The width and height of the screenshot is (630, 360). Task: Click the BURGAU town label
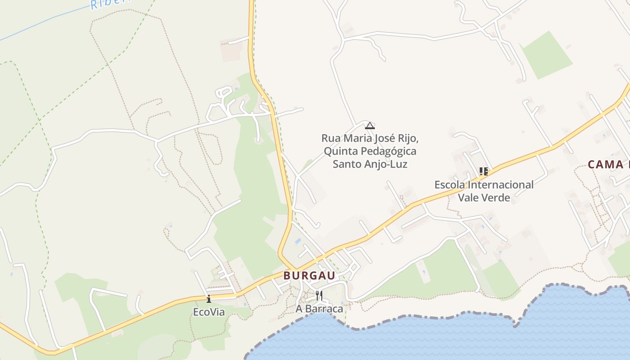pos(310,276)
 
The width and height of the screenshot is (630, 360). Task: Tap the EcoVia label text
pos(209,312)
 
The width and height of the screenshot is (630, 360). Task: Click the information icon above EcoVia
pos(209,299)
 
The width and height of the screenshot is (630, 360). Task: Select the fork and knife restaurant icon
pos(319,296)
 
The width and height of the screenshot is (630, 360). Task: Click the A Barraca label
pos(319,309)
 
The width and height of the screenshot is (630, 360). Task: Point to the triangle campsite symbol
pos(370,126)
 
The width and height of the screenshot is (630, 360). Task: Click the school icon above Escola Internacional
pos(484,171)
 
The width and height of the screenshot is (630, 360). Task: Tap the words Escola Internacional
pos(484,185)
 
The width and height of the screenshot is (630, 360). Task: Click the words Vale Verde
pos(484,198)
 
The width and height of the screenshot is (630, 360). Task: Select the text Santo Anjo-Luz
pos(370,164)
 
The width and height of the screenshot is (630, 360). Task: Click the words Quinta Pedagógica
pos(370,151)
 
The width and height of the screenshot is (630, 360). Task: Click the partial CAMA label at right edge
pos(607,165)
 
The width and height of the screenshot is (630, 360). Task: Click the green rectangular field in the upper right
pos(546,55)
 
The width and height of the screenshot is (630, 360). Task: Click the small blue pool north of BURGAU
pos(298,242)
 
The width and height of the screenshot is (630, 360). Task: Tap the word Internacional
pos(499,185)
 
